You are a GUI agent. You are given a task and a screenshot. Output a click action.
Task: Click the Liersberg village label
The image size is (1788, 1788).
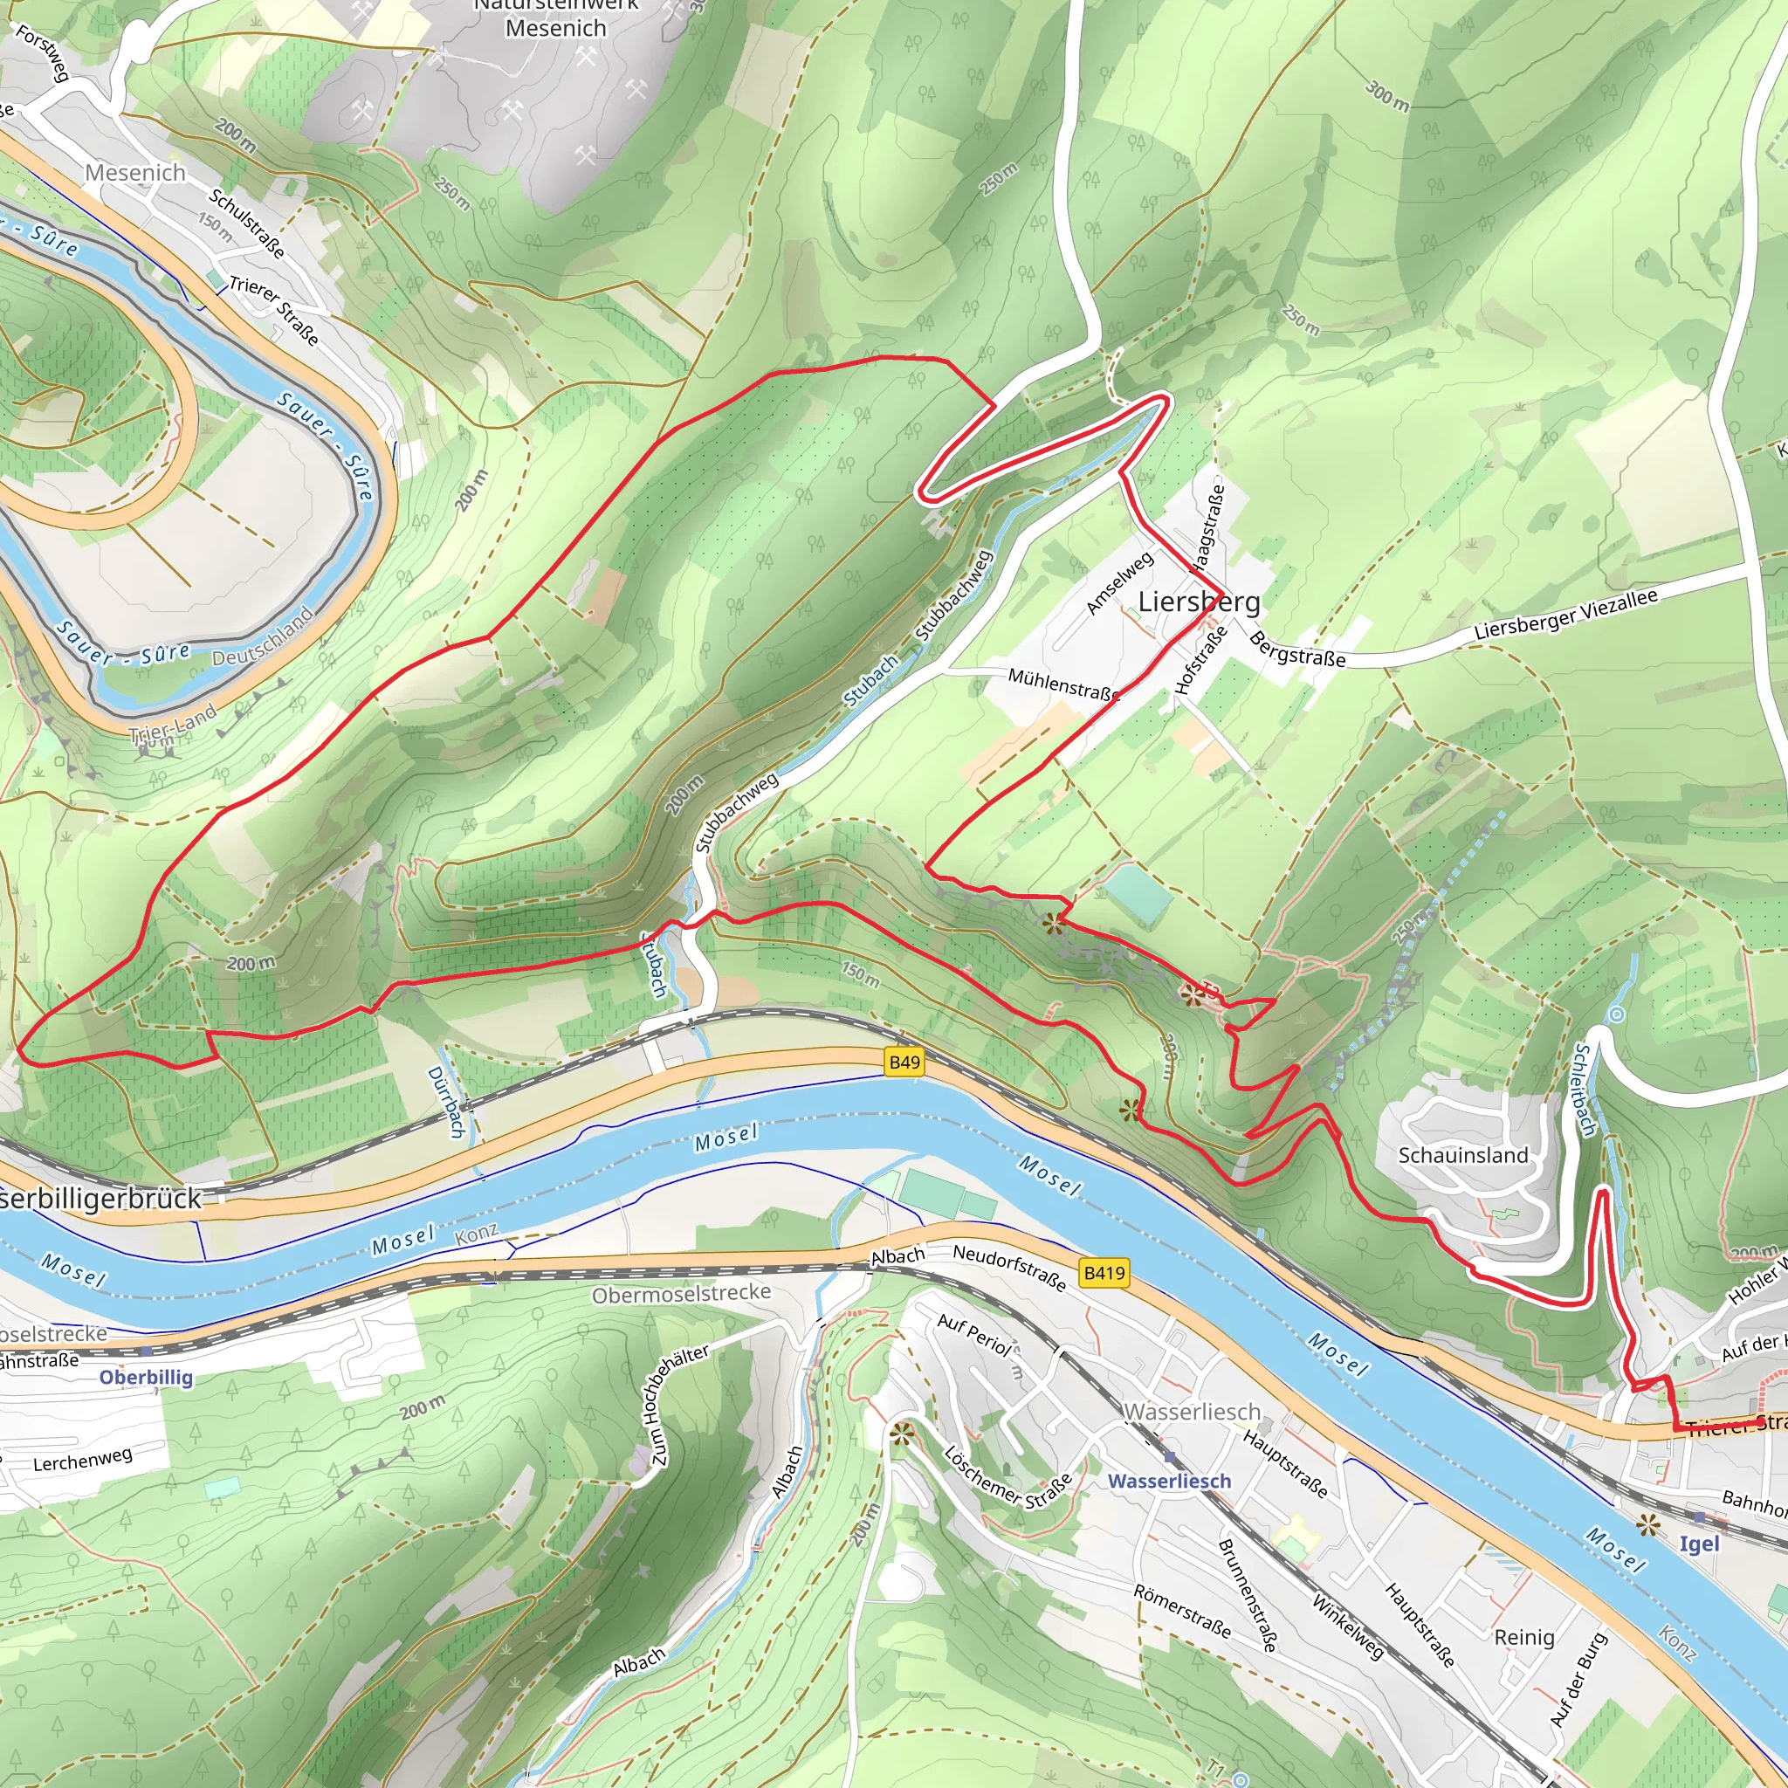[1199, 602]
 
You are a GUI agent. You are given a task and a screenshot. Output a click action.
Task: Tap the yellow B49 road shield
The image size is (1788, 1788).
[904, 1062]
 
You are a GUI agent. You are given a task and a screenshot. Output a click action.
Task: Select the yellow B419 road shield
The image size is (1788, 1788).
[1104, 1274]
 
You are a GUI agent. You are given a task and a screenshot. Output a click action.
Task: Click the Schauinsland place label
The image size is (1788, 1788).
[1462, 1155]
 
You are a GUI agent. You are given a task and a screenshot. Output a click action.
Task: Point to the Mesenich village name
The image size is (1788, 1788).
[135, 173]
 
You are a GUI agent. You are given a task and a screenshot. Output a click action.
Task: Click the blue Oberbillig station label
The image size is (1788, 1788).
[146, 1377]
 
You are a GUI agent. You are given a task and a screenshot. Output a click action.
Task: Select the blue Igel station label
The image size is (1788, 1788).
[1699, 1544]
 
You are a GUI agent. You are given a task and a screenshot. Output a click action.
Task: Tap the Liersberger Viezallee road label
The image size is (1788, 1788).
[1565, 615]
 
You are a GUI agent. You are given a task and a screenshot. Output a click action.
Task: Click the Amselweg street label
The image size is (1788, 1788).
[1120, 583]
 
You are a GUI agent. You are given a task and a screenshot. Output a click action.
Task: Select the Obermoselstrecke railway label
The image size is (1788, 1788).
[681, 1294]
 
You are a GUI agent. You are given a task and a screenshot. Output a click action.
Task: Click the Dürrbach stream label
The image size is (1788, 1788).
[445, 1103]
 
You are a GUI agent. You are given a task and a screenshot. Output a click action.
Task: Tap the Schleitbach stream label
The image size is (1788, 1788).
[1585, 1090]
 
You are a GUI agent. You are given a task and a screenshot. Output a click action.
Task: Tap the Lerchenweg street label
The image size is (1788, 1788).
[83, 1461]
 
